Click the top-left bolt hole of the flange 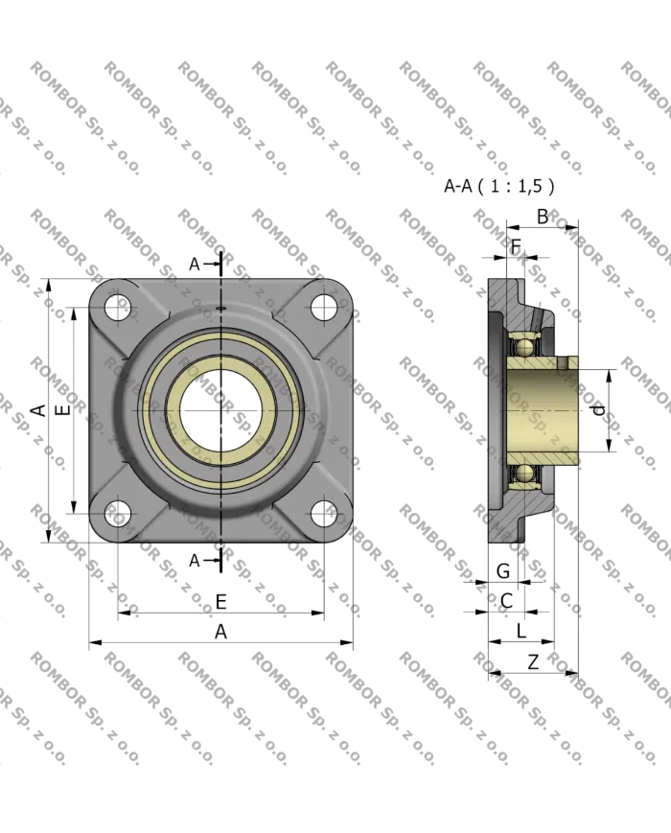coord(118,307)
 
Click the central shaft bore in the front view coord(220,409)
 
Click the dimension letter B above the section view coord(544,217)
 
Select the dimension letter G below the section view coord(504,571)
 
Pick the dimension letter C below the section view coord(506,601)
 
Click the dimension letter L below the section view coord(520,630)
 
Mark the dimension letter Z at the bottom coord(532,661)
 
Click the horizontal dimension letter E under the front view coord(220,601)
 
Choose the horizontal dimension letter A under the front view coord(220,632)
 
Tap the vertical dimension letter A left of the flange coord(35,410)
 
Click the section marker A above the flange coord(195,264)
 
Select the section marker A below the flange coord(195,560)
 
